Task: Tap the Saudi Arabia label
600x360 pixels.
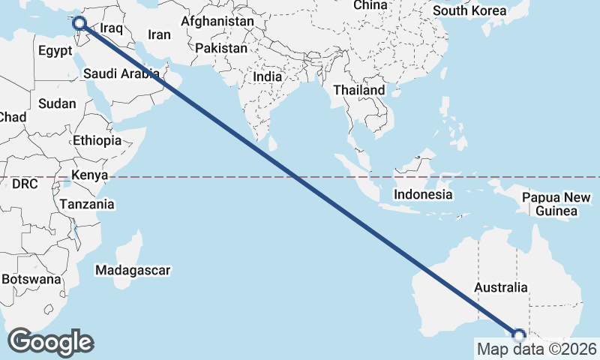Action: tap(121, 73)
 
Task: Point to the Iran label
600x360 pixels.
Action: tap(159, 34)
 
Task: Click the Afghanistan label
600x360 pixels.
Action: tap(217, 21)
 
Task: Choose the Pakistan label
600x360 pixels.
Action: tap(221, 48)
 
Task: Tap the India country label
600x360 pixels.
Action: tap(268, 76)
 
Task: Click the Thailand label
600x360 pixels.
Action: tap(359, 90)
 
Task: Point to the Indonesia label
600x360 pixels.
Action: tap(424, 194)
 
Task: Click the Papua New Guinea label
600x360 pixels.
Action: tap(556, 204)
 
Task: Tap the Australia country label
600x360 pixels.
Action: tap(501, 287)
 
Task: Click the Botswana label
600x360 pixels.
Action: tap(30, 279)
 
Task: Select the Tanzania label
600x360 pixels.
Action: tap(87, 204)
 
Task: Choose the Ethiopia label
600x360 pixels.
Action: tap(97, 140)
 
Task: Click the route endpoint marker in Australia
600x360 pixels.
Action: tap(518, 335)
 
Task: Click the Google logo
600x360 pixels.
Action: tap(51, 342)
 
